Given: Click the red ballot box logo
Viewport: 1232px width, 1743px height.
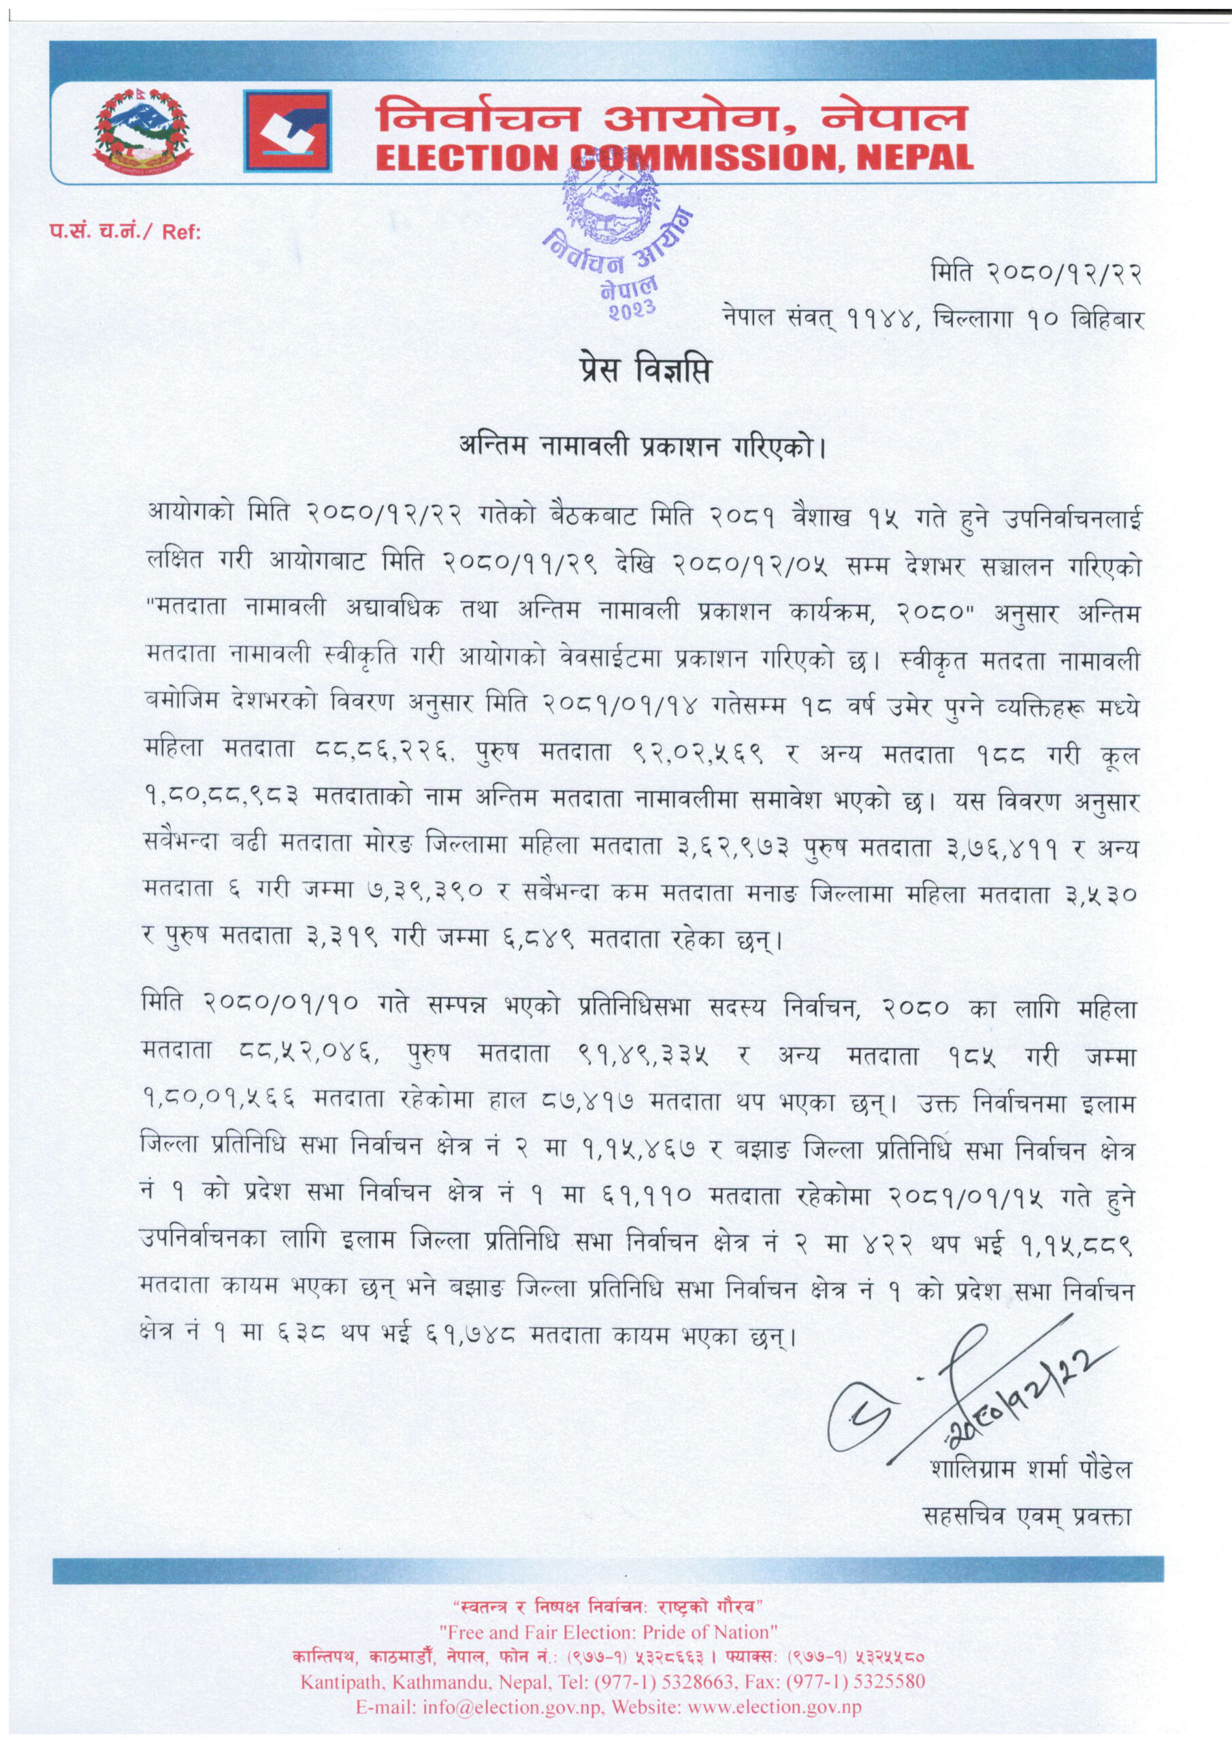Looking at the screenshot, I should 288,131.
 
